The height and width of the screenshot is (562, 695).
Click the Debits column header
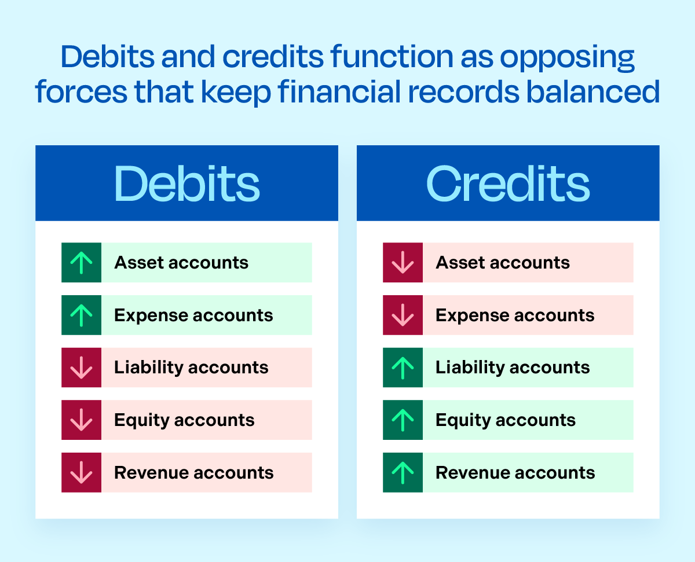[186, 184]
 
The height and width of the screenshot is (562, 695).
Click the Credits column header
[508, 184]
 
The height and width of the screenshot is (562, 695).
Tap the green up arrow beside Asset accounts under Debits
[82, 263]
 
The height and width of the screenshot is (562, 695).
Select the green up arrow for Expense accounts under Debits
[82, 315]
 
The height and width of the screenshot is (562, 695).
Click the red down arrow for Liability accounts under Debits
[82, 368]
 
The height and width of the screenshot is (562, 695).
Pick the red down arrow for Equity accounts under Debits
[82, 420]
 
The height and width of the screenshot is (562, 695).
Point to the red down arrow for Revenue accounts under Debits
[82, 473]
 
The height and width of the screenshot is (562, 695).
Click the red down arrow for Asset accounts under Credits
[403, 263]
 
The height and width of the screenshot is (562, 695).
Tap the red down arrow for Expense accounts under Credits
[403, 315]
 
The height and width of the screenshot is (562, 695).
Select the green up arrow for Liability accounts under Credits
[403, 368]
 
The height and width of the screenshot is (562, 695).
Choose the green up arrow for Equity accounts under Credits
[403, 420]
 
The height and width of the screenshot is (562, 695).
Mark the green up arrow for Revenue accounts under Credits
[403, 473]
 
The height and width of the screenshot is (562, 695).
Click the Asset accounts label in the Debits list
[181, 263]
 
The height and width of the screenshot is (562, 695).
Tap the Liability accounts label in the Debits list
[191, 368]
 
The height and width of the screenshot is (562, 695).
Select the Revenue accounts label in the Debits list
[193, 473]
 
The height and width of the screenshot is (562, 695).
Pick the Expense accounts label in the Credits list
[515, 315]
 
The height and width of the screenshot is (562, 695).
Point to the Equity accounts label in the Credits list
[506, 420]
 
